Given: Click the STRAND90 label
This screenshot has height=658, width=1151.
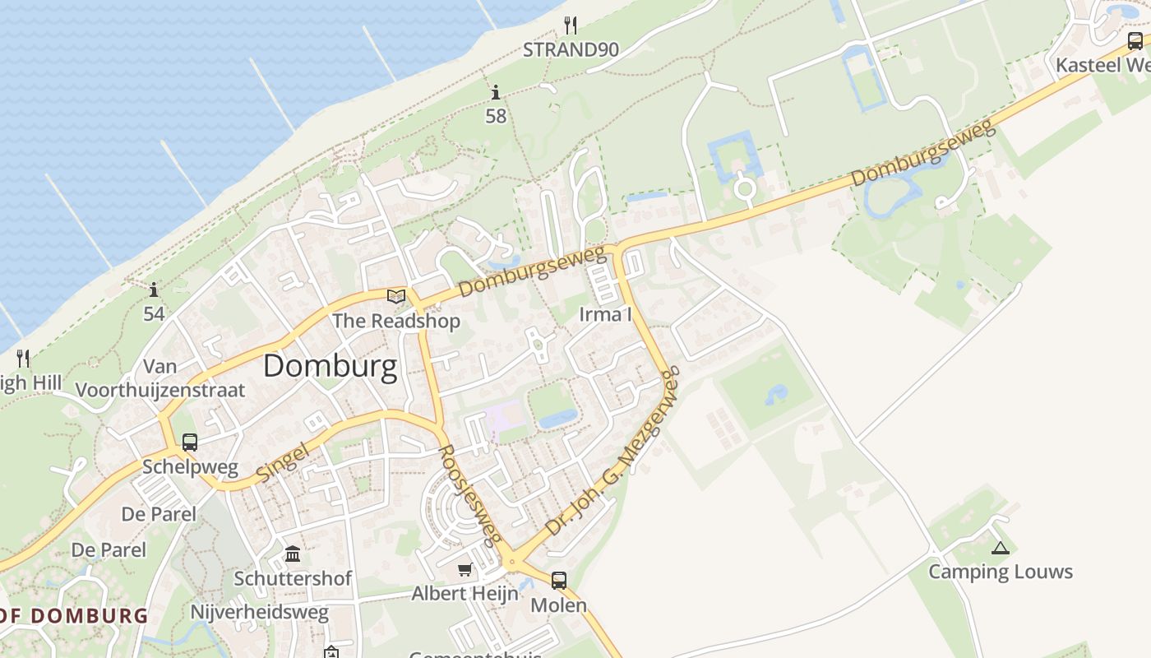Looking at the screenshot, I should click(x=571, y=49).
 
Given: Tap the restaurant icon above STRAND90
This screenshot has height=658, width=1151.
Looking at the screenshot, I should click(x=571, y=25).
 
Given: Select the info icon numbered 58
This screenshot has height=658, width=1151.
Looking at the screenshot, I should click(x=496, y=93).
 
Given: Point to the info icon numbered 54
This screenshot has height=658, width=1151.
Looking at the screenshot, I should click(x=154, y=290).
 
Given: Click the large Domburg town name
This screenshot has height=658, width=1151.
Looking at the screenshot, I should click(x=330, y=367).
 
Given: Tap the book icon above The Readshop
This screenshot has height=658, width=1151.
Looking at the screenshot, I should click(x=396, y=296).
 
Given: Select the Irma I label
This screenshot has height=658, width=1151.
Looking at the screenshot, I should click(x=605, y=313).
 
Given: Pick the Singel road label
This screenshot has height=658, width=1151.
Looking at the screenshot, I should click(x=282, y=461).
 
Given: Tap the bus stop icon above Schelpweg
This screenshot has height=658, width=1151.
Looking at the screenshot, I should click(x=190, y=443).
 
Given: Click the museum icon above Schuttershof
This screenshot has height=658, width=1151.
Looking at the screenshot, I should click(x=293, y=553).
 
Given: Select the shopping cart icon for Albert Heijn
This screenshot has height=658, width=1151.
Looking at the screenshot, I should click(x=465, y=569).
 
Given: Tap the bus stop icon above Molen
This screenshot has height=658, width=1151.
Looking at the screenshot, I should click(x=559, y=581).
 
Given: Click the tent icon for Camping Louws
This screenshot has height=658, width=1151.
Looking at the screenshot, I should click(x=1000, y=548).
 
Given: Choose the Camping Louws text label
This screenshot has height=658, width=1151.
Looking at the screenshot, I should click(x=1001, y=572).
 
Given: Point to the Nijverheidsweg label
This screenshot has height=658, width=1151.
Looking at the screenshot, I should click(x=259, y=612).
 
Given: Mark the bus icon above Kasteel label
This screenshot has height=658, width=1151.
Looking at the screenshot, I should click(x=1135, y=41).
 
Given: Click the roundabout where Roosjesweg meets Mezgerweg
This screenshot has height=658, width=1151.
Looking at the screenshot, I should click(x=512, y=563).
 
